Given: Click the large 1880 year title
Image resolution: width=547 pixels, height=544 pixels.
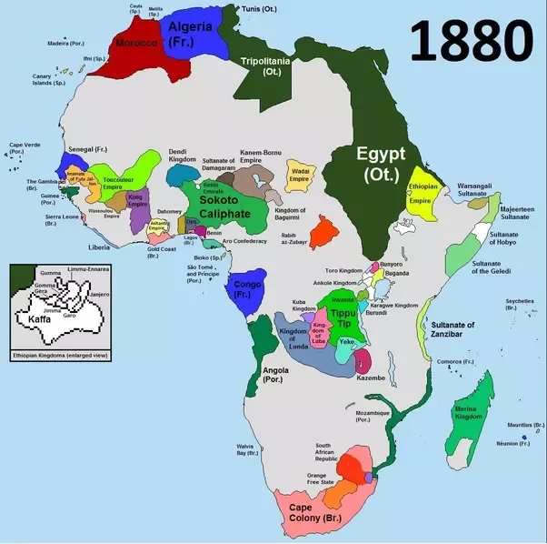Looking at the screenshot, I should [470, 42].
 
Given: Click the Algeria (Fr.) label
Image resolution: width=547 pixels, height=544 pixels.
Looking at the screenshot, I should [190, 34].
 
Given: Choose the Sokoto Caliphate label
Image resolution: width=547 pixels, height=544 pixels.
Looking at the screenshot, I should [218, 207].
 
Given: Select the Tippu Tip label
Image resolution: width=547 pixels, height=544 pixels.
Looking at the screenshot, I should [343, 319].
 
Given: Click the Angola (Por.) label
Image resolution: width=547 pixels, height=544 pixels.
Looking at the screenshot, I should [275, 376].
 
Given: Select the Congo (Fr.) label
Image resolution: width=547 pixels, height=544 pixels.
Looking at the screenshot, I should [243, 288].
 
